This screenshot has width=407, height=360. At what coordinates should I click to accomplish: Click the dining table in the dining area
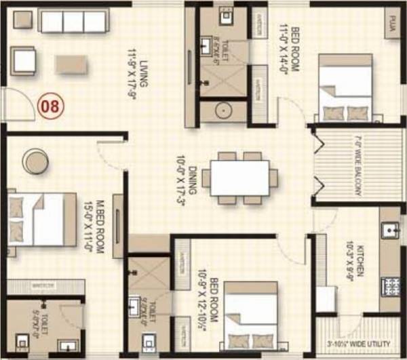tap(239, 178)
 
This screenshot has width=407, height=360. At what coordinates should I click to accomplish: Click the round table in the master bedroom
tap(34, 161)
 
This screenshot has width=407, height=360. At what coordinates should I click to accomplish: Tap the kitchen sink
tap(389, 231)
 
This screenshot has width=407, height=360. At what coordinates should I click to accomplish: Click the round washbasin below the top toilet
tap(223, 111)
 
